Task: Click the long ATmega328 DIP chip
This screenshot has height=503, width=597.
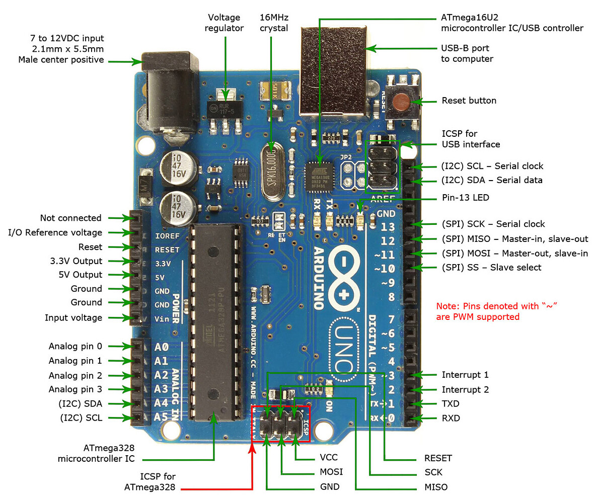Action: [x=215, y=322]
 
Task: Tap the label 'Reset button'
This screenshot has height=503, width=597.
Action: [x=469, y=101]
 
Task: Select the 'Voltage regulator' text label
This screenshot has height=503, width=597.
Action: [x=225, y=22]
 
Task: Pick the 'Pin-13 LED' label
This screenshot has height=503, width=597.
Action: [x=465, y=198]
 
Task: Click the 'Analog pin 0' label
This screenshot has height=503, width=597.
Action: [x=75, y=346]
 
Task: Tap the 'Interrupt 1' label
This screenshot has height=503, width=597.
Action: [x=465, y=375]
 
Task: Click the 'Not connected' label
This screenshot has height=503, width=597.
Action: [x=70, y=218]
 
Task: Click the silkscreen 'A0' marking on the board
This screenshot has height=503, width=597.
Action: [x=161, y=347]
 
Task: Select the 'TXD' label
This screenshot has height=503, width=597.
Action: [x=451, y=403]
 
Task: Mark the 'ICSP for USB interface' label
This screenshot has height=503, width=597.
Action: [x=471, y=139]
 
